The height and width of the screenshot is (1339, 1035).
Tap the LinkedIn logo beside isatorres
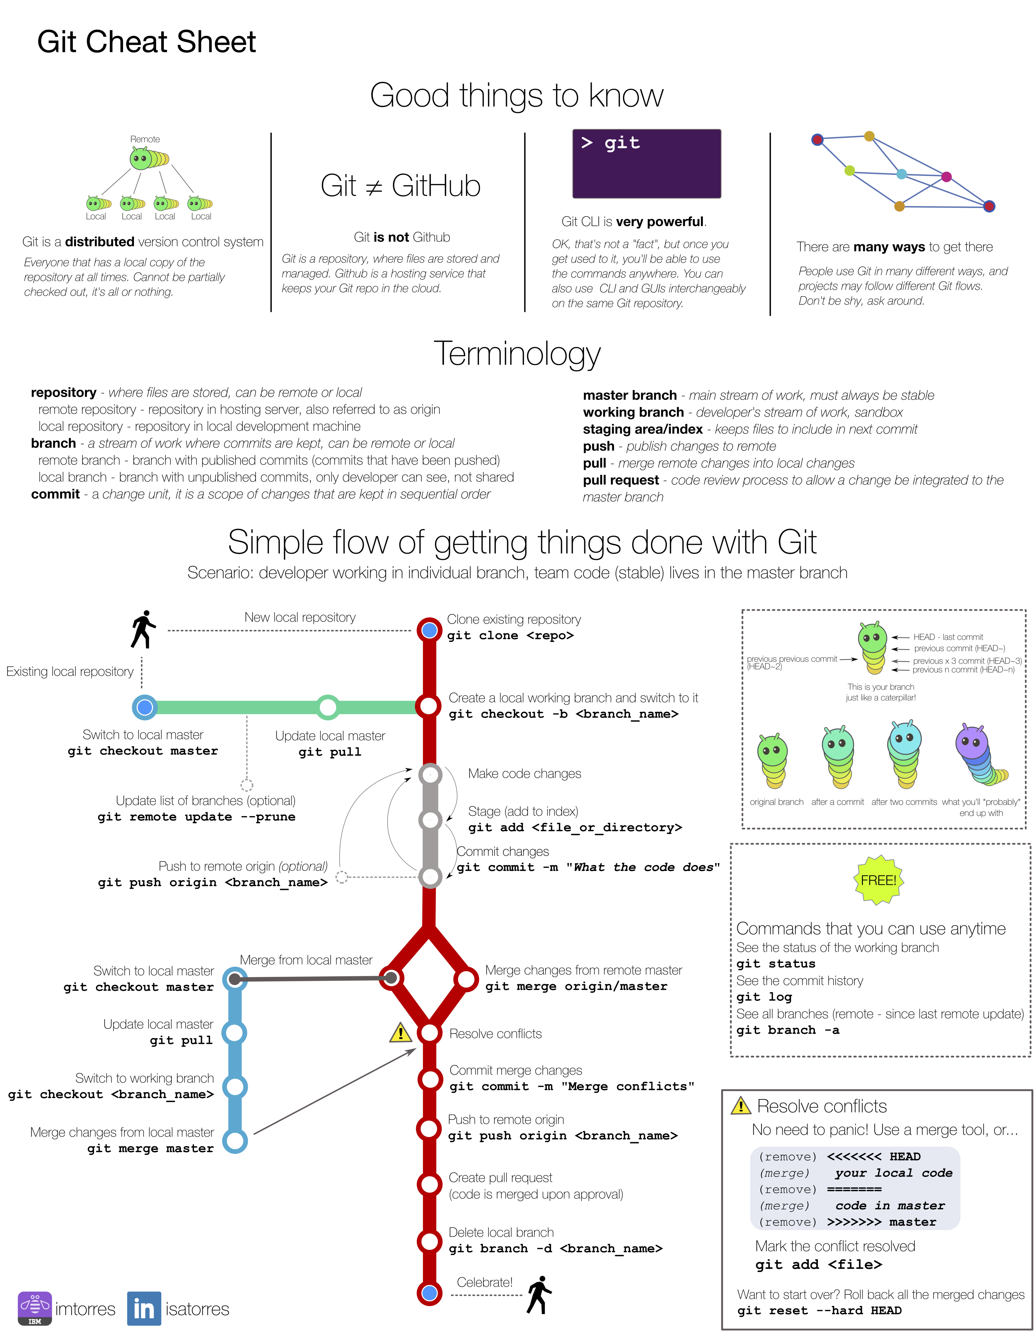[144, 1308]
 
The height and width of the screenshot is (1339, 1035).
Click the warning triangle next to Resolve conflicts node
[400, 1032]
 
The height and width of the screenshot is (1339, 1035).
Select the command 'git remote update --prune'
[196, 817]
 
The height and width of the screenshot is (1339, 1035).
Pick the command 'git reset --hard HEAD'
[819, 1310]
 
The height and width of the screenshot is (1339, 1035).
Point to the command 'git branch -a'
[788, 1030]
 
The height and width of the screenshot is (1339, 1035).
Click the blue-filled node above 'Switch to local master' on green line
[145, 707]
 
